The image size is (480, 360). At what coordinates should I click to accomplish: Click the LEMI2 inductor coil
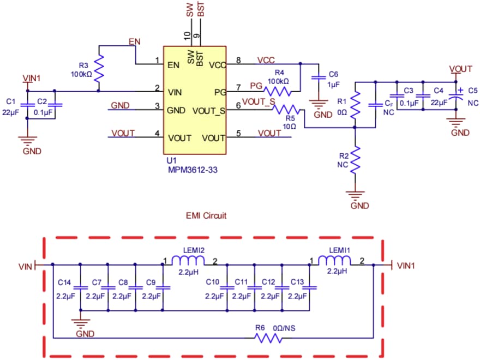coord(187,260)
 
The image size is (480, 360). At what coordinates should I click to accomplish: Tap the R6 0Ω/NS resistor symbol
coord(269,338)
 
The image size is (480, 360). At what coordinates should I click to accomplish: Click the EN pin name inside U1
coord(173,65)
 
